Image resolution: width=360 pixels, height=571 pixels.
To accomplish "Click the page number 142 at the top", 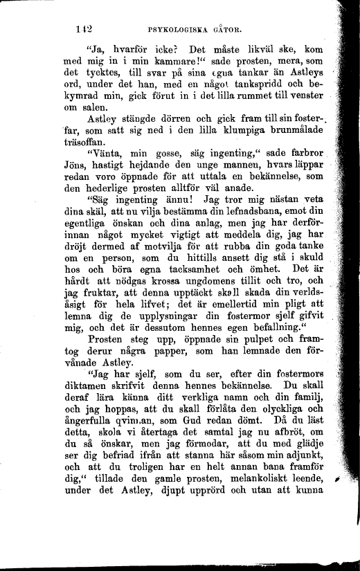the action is (85, 29).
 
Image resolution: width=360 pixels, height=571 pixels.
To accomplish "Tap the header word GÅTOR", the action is (237, 30).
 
